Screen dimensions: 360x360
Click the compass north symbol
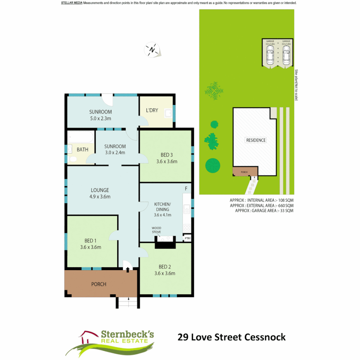coord(152,50)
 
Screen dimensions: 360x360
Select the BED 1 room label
coord(90,241)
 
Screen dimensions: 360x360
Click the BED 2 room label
coord(165,267)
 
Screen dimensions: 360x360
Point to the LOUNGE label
coord(100,190)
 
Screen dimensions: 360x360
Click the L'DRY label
coord(152,110)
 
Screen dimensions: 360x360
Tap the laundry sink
coord(168,114)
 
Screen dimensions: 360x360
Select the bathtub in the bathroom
coord(81,137)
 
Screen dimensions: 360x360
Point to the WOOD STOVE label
coord(156,230)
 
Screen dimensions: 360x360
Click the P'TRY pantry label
coord(188,238)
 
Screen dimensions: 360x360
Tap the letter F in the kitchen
coord(186,189)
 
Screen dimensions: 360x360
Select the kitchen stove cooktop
coord(187,228)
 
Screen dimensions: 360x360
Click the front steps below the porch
coord(128,303)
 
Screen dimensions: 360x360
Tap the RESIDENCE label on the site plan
coord(256,140)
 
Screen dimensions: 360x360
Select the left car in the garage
coord(270,55)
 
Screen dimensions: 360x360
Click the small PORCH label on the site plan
coord(245,172)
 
